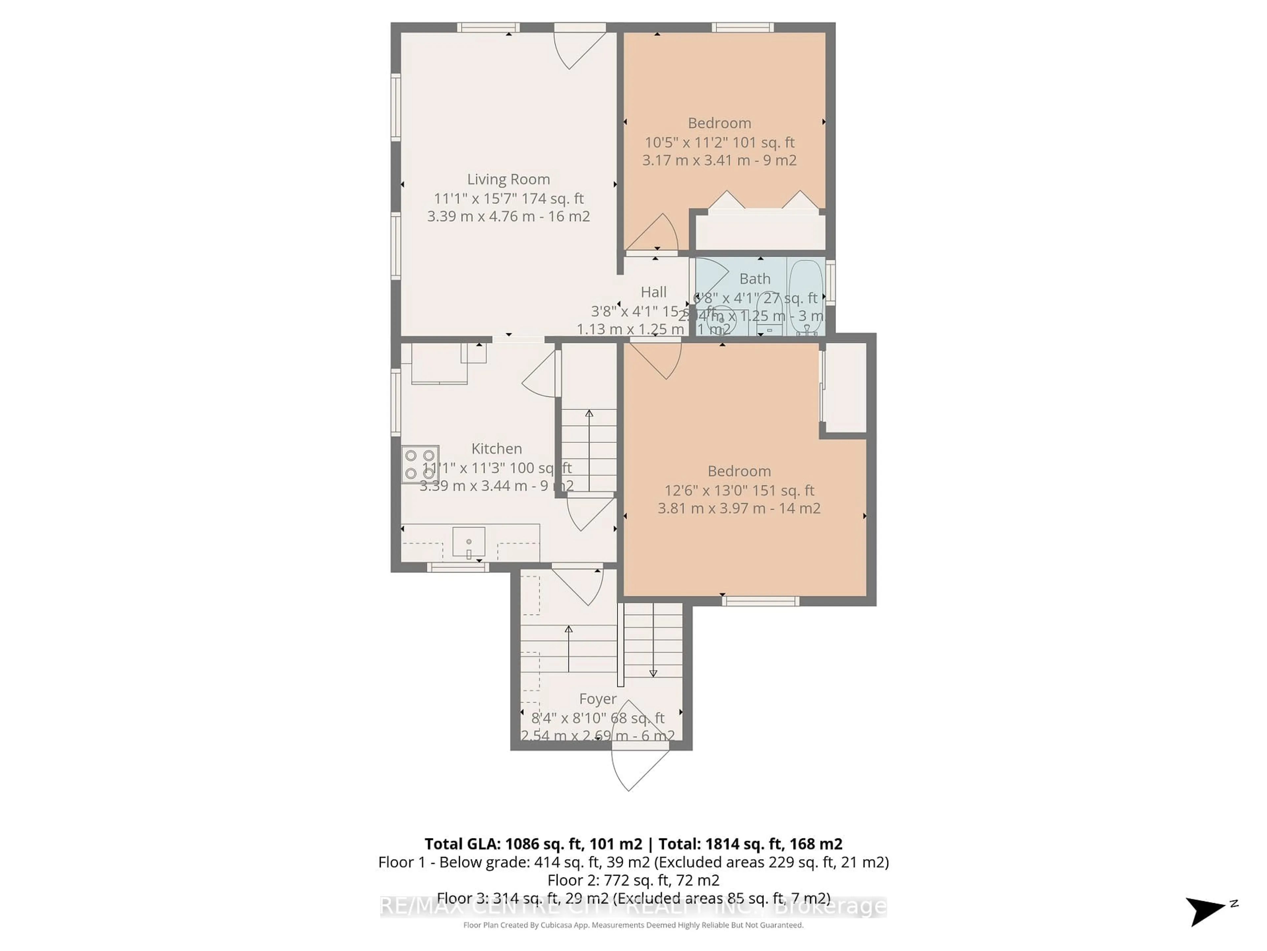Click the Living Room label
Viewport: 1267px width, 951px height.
pos(508,179)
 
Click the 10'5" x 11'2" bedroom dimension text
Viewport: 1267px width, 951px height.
pos(719,142)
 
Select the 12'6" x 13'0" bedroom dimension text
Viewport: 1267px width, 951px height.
pos(738,490)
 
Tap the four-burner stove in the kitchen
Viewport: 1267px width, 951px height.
pos(420,464)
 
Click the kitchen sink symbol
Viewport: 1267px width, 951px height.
pos(469,542)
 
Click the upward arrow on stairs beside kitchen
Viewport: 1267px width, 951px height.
pos(589,414)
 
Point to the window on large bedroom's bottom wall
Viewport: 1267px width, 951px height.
pos(760,601)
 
